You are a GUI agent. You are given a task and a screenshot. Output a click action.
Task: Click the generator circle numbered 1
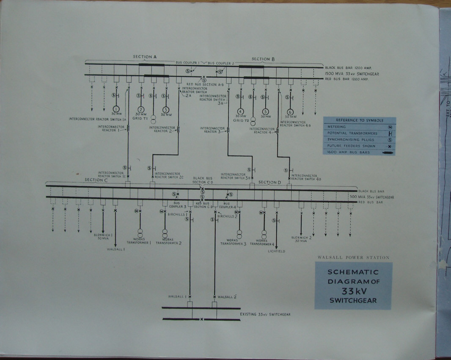[116, 110]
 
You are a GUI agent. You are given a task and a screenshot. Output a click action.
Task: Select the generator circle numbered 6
[290, 112]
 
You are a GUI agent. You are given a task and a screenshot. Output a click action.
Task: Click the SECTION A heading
[145, 57]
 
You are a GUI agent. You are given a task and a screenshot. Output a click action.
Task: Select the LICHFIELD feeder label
[276, 251]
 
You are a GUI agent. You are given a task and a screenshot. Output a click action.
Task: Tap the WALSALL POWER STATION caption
[353, 257]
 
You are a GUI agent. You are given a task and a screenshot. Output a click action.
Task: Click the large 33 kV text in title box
[353, 291]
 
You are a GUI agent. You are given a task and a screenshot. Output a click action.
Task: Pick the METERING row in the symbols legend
[359, 127]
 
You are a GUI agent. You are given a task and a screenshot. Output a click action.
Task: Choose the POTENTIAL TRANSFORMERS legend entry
[359, 133]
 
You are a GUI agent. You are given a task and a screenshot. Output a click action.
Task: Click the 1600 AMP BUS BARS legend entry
[359, 152]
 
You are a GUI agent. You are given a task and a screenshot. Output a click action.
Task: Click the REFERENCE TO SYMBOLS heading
[359, 120]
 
